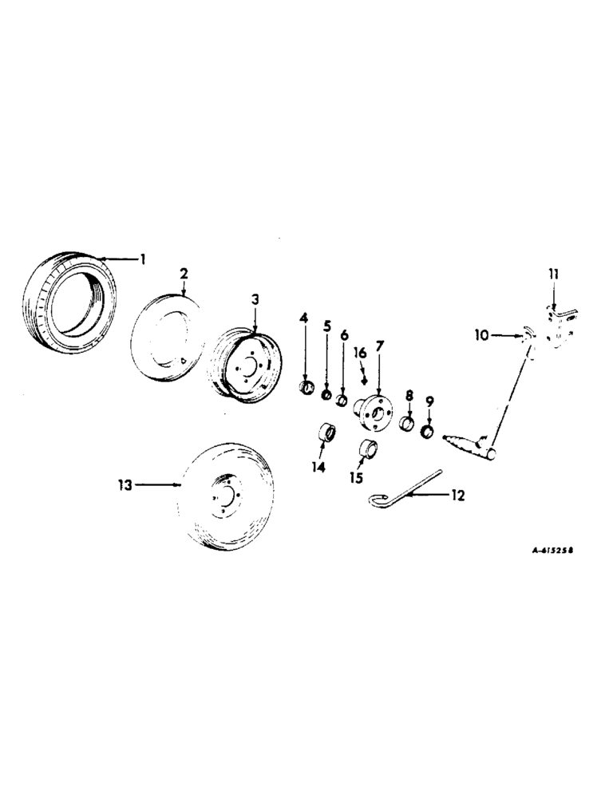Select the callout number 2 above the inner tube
(184, 274)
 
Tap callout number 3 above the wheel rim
(255, 299)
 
